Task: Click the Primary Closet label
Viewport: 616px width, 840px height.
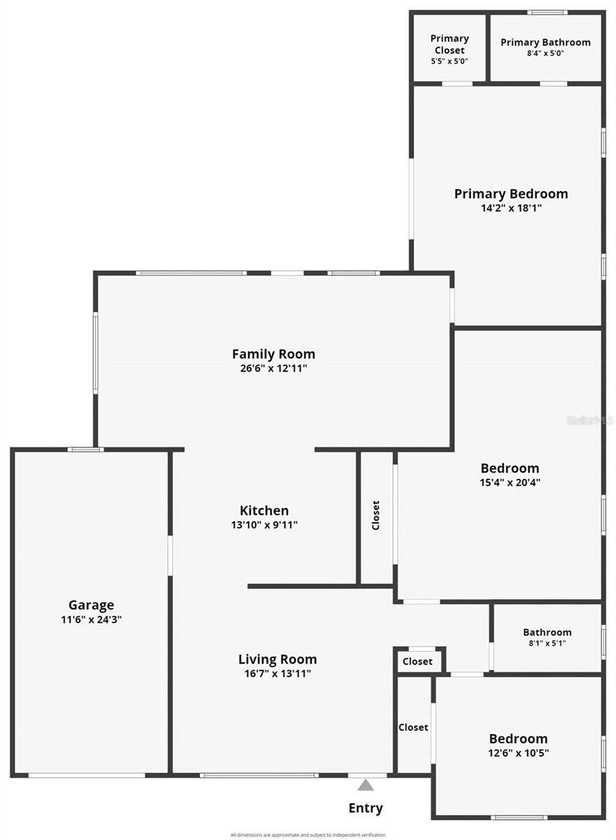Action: click(x=449, y=44)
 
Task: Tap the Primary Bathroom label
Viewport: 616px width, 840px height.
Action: click(x=545, y=42)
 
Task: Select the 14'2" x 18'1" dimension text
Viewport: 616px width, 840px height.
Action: click(x=511, y=208)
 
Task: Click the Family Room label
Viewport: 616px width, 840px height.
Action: click(x=273, y=354)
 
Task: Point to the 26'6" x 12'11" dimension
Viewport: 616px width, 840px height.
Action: click(x=273, y=368)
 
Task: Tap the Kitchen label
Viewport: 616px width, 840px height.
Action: click(x=264, y=511)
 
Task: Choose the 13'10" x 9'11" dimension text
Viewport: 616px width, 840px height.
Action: click(x=264, y=525)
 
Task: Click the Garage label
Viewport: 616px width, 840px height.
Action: click(x=91, y=605)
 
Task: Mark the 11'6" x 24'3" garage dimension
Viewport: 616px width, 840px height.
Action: click(x=91, y=619)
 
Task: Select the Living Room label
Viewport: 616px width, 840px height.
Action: click(x=278, y=659)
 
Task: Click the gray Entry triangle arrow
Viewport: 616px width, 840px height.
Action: click(x=366, y=785)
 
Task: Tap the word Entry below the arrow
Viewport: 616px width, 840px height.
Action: click(x=366, y=808)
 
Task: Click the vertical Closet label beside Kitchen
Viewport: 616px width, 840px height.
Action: click(x=376, y=515)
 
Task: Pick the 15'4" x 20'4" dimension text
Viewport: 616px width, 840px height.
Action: click(x=510, y=482)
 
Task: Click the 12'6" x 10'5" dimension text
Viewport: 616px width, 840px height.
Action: click(x=519, y=753)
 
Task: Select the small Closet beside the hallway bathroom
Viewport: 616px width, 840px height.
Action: click(x=418, y=661)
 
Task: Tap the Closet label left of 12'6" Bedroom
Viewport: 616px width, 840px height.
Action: click(x=413, y=727)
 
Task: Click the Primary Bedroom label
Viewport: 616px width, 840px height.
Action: click(x=511, y=194)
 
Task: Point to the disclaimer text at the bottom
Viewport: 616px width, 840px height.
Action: click(x=308, y=835)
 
